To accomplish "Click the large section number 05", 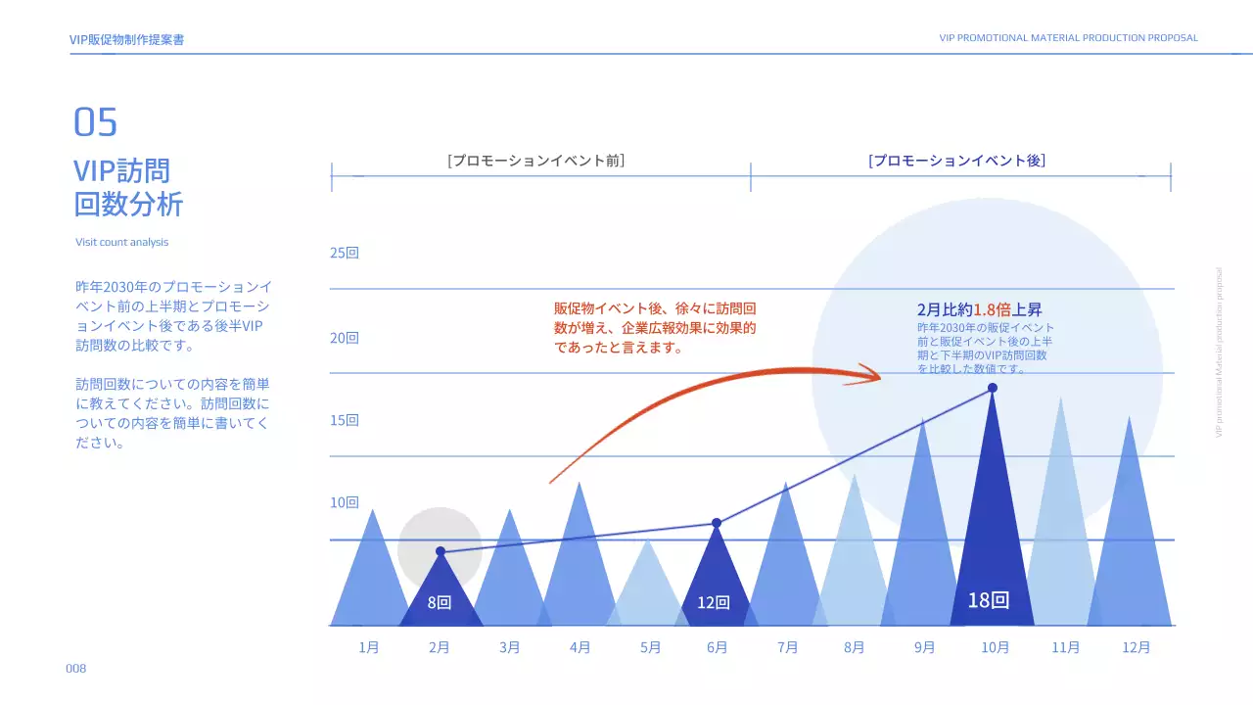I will click(x=95, y=122).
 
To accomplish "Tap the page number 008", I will click(x=76, y=668).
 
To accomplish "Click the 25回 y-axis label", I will click(x=345, y=253).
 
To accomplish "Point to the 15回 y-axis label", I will click(x=345, y=420).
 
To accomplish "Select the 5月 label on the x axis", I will click(x=650, y=647).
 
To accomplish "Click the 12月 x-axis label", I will click(x=1137, y=647).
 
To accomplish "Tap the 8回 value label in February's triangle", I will click(x=440, y=602).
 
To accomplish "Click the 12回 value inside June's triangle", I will click(x=714, y=602).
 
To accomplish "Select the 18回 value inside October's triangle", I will click(x=988, y=600).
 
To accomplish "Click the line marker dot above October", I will click(x=993, y=388).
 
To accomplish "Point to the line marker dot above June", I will click(x=717, y=523).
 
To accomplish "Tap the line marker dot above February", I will click(x=441, y=551).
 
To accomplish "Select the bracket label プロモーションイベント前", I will click(x=536, y=160).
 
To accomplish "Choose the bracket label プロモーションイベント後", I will click(x=957, y=160).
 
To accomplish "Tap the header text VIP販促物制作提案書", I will click(x=127, y=39).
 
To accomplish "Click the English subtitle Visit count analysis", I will click(x=122, y=242).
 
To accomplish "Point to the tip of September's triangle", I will click(x=923, y=419).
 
